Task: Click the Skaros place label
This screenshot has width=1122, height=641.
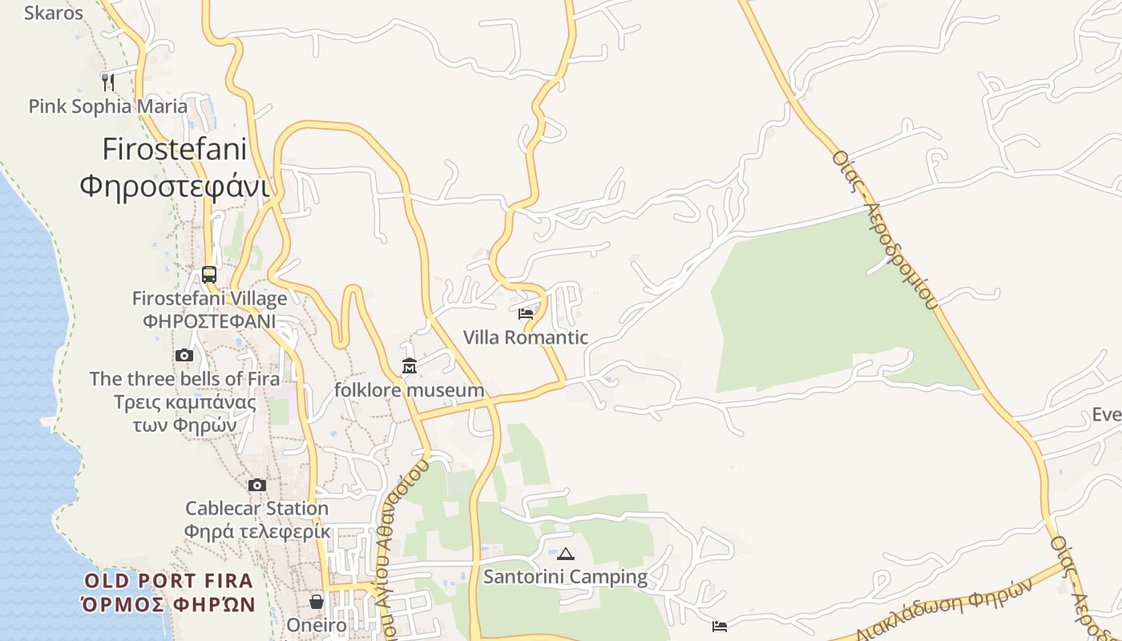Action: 54,13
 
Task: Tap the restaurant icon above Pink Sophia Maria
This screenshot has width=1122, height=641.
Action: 108,82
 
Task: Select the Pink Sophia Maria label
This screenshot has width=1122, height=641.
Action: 108,106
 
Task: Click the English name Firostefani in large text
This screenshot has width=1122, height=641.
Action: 175,149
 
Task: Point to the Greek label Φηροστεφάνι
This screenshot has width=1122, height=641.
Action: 175,186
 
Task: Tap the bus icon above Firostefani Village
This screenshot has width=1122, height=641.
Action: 209,275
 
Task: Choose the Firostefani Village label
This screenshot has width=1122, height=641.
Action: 209,299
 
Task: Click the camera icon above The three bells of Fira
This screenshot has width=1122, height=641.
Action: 184,355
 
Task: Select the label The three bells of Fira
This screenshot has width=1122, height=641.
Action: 184,378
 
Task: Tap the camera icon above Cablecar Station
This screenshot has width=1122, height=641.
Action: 257,485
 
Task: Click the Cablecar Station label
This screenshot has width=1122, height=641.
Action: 257,508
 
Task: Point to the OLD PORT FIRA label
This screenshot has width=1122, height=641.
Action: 168,581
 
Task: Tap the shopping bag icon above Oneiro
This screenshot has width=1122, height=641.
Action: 317,601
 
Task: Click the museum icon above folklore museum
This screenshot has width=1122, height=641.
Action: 410,366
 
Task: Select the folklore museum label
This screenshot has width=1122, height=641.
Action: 410,390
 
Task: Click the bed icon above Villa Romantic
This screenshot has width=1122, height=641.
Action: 526,313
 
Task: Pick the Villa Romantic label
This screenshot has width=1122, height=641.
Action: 526,337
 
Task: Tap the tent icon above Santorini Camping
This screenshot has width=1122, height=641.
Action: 566,554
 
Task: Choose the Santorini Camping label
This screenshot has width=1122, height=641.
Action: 566,577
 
